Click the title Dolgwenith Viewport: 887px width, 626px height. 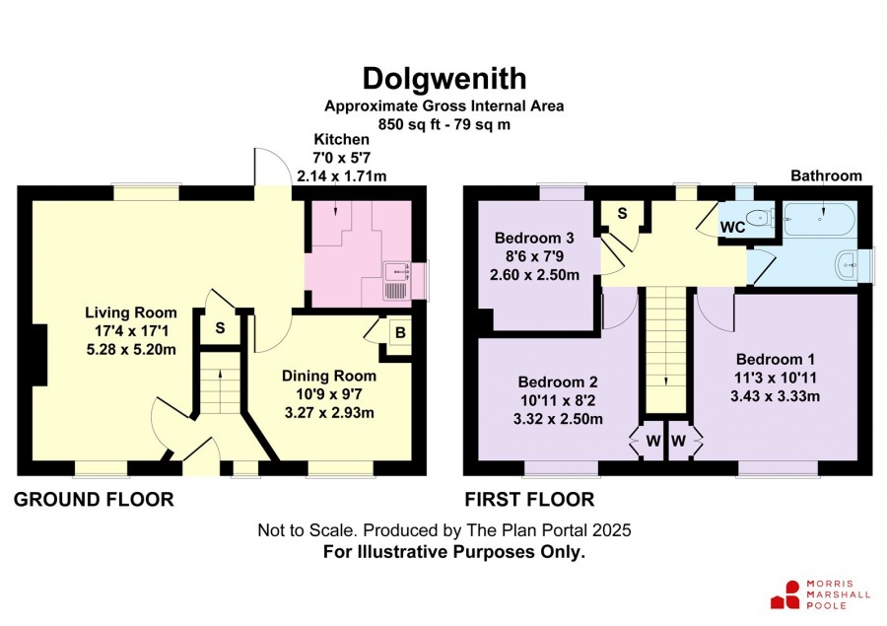[x=444, y=79]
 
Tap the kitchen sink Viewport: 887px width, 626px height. [x=396, y=281]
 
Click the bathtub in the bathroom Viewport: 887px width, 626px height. [x=820, y=219]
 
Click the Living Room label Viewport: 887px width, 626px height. [x=131, y=313]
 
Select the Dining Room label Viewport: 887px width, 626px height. [x=328, y=376]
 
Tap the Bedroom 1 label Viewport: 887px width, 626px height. [x=775, y=359]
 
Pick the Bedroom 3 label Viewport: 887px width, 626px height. [x=534, y=238]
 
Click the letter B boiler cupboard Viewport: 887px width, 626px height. [x=400, y=333]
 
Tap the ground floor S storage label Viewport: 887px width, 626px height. [x=220, y=327]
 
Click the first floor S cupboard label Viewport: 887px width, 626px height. [x=622, y=213]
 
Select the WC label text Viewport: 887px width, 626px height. [x=732, y=228]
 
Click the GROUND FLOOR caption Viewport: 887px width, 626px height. [x=94, y=499]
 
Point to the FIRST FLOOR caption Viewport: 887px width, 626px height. [x=529, y=499]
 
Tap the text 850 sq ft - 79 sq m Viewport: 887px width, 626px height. [x=444, y=124]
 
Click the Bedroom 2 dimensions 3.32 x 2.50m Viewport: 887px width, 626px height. [x=558, y=419]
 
